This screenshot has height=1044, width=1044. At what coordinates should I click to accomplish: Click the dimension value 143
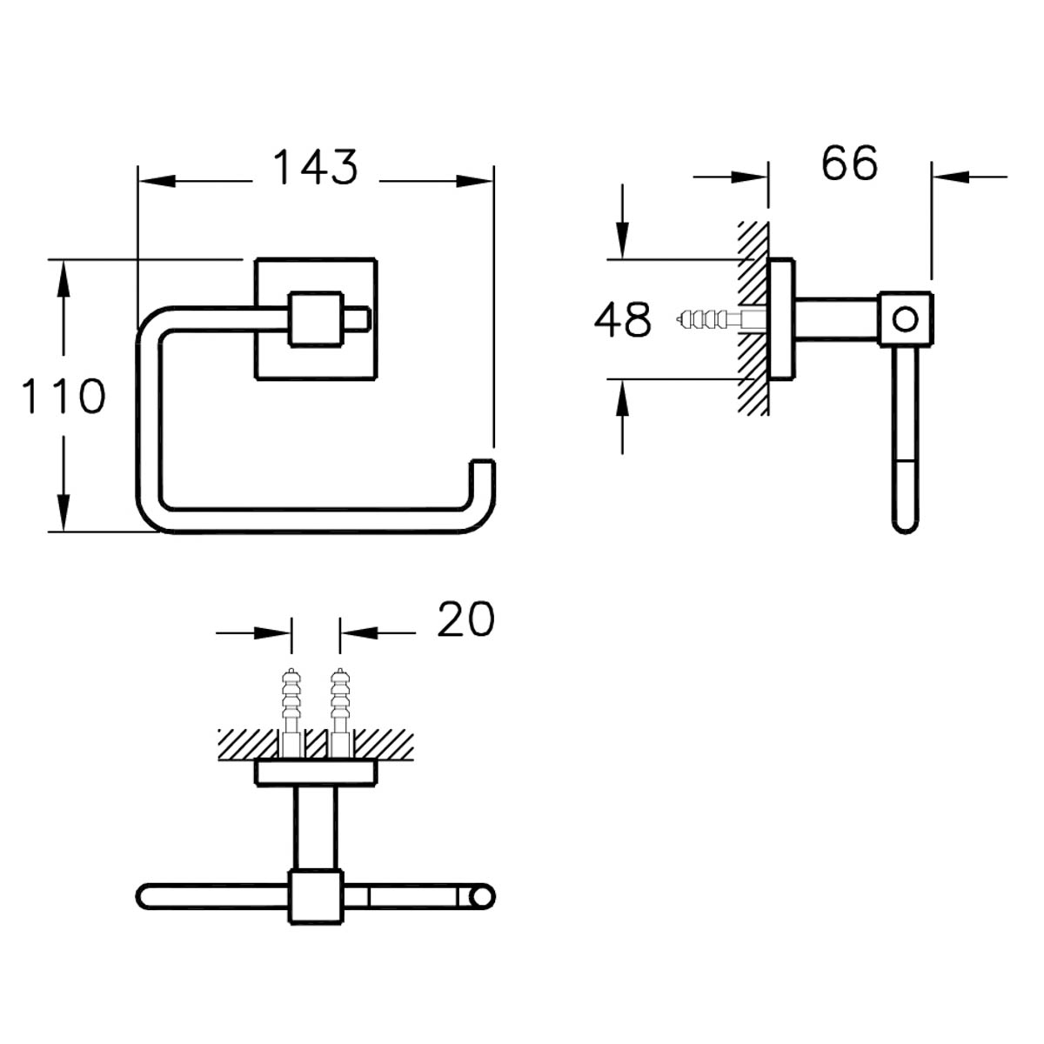tap(315, 167)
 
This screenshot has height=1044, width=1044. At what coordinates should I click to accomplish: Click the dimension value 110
tap(64, 396)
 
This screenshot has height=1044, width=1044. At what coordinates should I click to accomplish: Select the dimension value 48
tap(623, 319)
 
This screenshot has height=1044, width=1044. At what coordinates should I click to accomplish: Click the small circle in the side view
tap(905, 319)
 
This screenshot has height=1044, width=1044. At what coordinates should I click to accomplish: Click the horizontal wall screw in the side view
tap(720, 319)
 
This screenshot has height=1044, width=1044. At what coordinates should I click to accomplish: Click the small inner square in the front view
tap(316, 319)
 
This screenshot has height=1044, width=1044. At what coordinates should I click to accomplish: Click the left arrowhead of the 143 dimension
tap(157, 181)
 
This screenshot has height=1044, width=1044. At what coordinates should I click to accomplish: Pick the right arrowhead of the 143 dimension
tap(475, 181)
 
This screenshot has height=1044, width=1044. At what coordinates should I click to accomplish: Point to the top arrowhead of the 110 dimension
tap(64, 278)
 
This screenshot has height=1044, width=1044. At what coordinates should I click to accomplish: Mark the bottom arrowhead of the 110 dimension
tap(64, 512)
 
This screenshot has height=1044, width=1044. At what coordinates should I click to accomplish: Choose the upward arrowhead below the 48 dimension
tap(623, 398)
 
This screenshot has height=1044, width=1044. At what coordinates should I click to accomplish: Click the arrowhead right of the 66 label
tap(951, 177)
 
